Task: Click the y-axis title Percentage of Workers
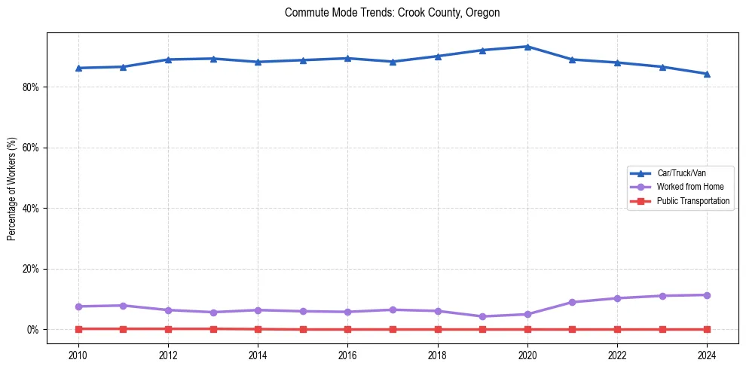click(12, 188)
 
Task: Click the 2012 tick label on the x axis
click(168, 354)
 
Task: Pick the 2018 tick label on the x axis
click(438, 354)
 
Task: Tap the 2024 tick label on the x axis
click(707, 354)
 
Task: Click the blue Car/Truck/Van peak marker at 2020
click(527, 47)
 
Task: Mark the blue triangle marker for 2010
click(78, 68)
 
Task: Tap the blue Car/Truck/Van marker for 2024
click(707, 74)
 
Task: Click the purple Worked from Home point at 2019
click(482, 316)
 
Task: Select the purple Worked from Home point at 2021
click(572, 302)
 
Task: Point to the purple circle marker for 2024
click(707, 295)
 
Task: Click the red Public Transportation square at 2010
click(78, 328)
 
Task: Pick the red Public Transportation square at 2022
click(617, 329)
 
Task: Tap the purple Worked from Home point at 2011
click(123, 306)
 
